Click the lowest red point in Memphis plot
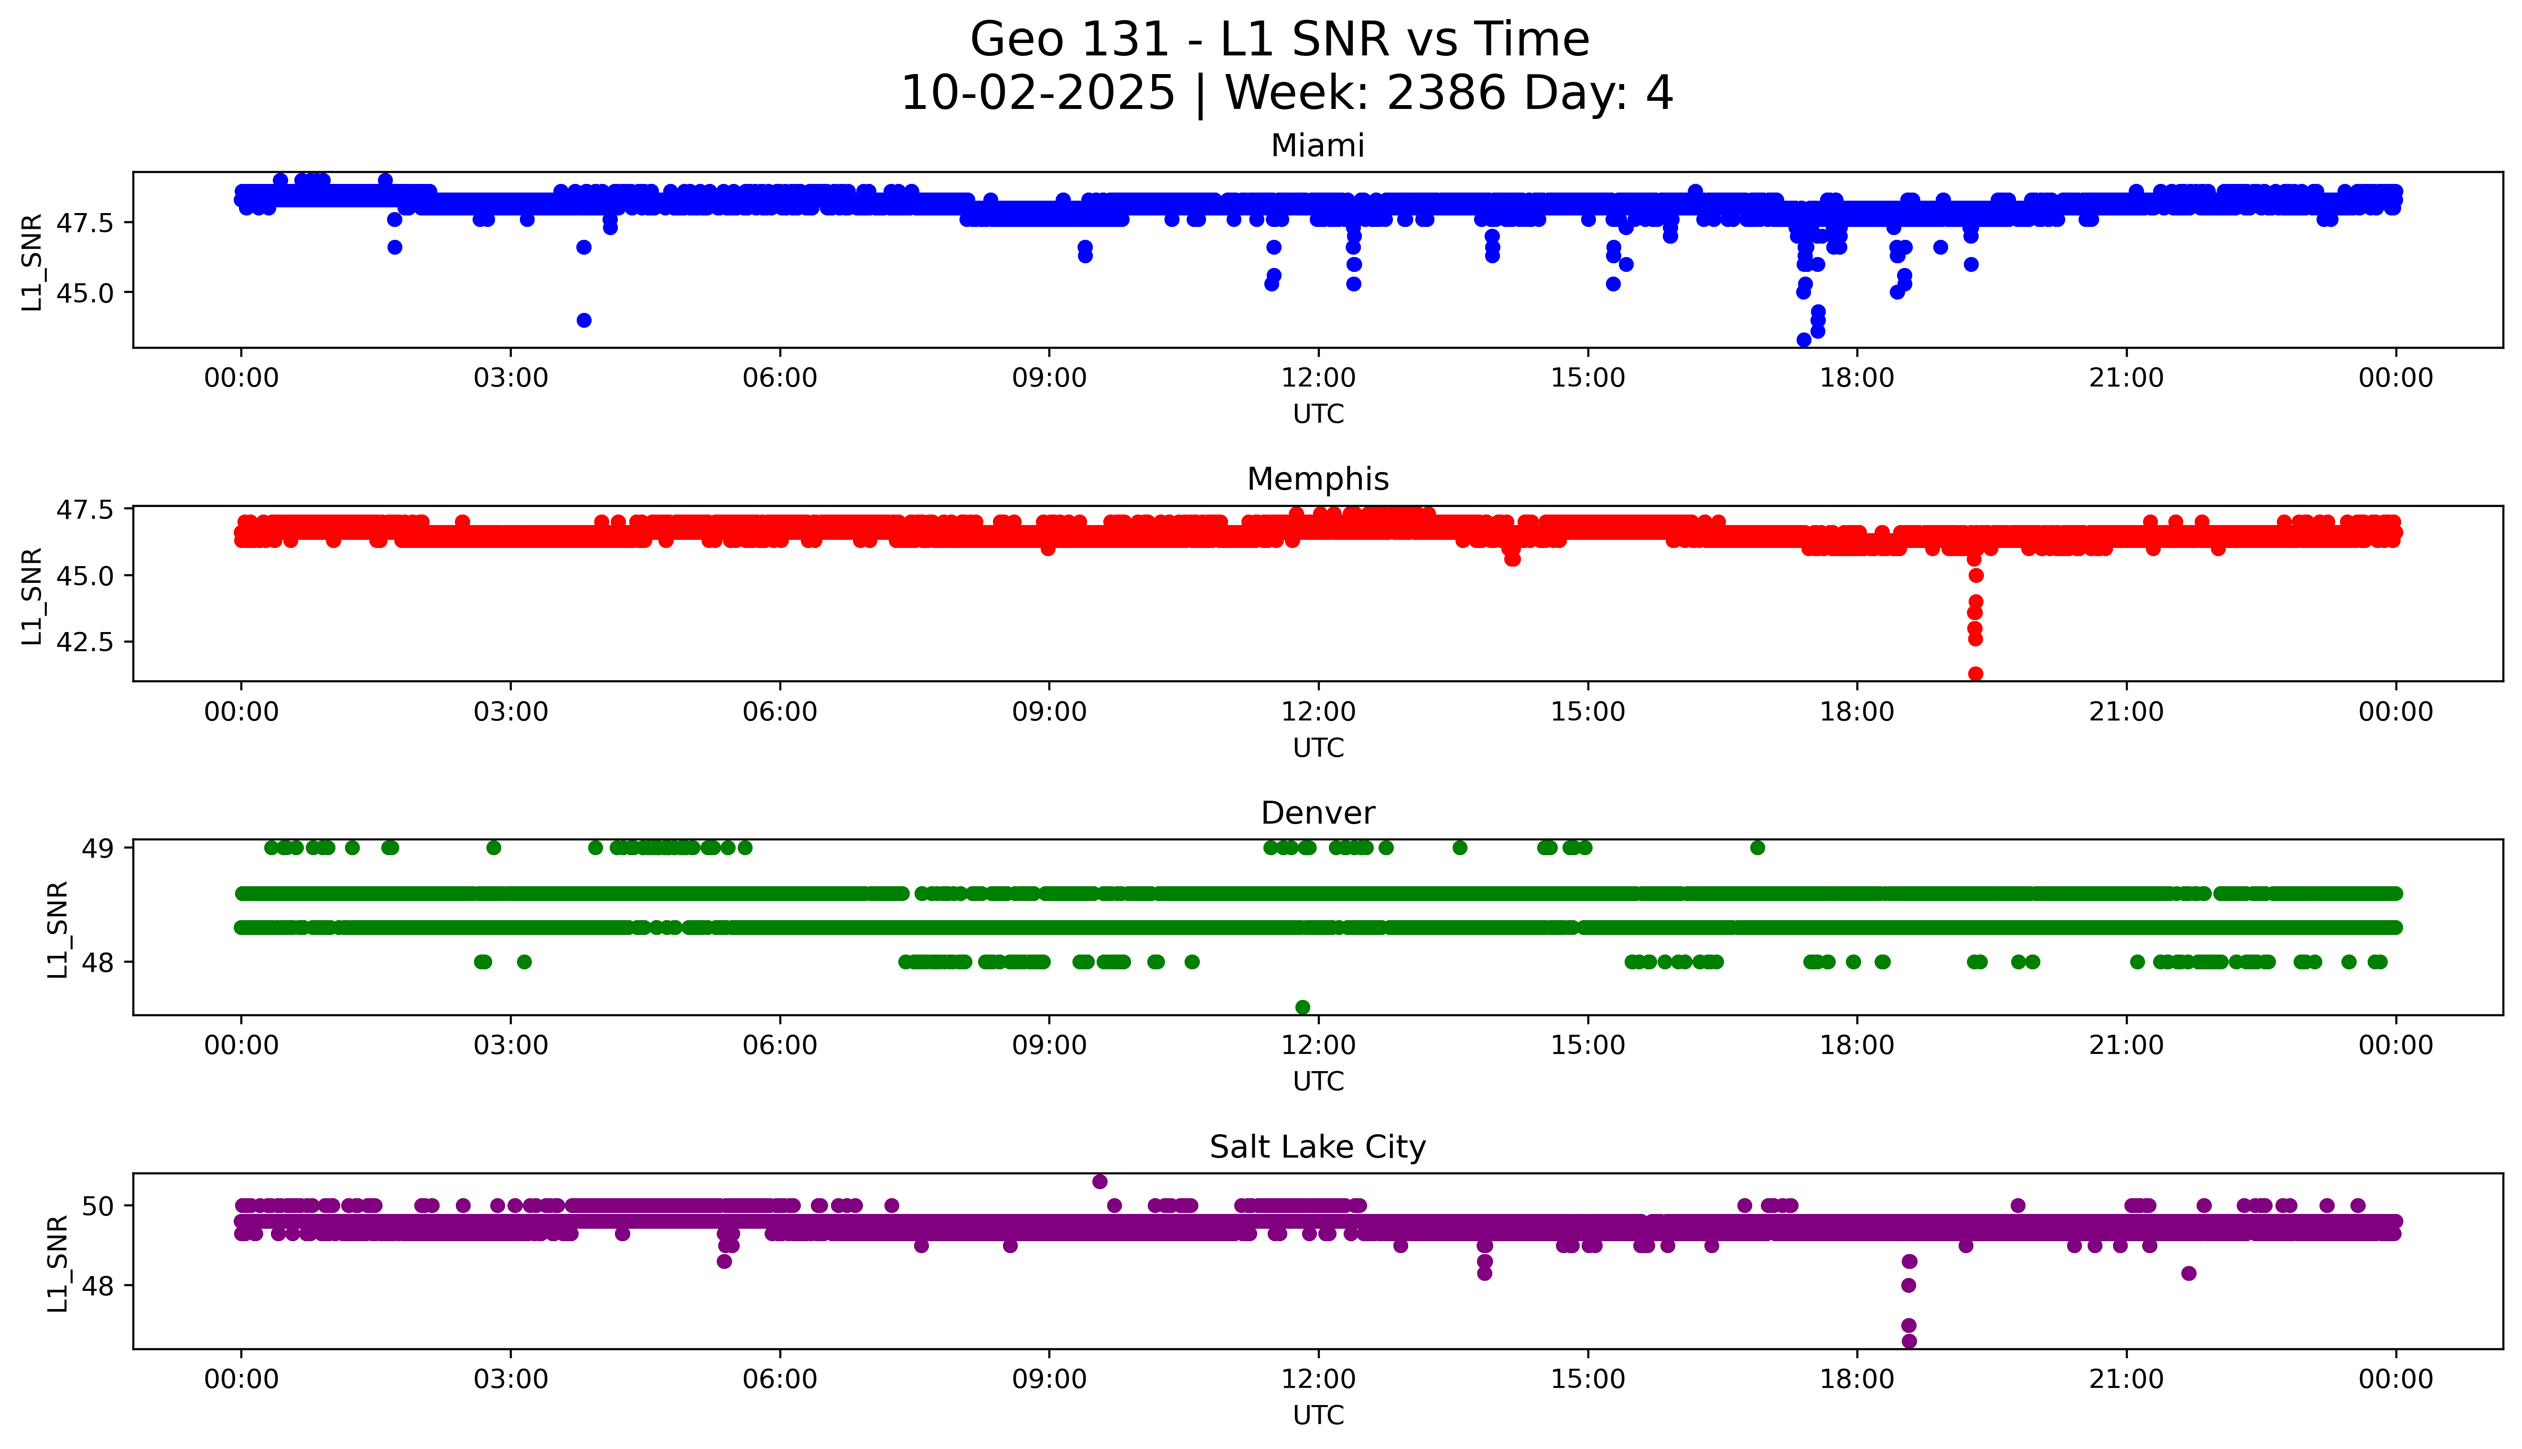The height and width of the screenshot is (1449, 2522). pyautogui.click(x=1976, y=674)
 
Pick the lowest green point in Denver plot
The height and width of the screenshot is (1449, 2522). pyautogui.click(x=1302, y=1007)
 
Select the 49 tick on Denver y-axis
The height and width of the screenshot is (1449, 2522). pyautogui.click(x=100, y=848)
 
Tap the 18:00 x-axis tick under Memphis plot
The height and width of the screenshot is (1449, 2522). pyautogui.click(x=1857, y=711)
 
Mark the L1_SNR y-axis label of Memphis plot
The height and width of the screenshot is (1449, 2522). pyautogui.click(x=32, y=595)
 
